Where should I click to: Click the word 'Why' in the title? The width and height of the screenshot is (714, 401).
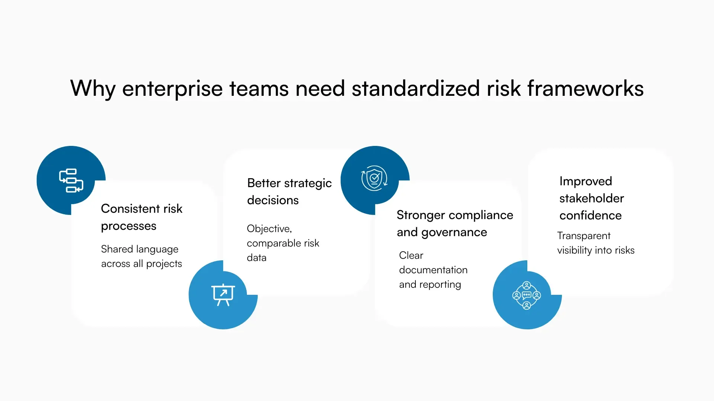coord(93,88)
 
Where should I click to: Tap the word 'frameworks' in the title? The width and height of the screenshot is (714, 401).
coord(585,88)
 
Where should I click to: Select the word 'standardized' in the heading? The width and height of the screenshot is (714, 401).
coord(415,88)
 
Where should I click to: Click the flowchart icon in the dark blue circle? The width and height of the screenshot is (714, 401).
coord(71,181)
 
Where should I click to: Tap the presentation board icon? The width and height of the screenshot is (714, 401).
coord(223,294)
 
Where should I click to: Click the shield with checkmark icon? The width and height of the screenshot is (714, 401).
coord(374,179)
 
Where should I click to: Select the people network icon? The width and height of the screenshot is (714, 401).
coord(527,295)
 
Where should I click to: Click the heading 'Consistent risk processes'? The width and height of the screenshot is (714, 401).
coord(141,217)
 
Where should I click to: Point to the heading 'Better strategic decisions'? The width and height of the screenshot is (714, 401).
coord(289,192)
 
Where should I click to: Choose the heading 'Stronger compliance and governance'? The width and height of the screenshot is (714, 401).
coord(454,224)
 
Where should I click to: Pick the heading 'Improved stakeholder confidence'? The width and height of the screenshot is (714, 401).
coord(591,198)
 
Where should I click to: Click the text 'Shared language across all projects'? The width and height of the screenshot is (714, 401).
coord(141,256)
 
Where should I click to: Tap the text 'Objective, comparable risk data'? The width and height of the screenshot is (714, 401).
coord(283,243)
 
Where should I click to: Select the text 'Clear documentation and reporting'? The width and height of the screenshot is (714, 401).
coord(433,270)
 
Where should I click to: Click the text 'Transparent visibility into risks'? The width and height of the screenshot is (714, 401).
coord(595,243)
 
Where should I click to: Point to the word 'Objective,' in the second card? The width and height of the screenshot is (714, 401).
coord(269,229)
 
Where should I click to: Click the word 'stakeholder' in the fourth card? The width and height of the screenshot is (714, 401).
coord(591,198)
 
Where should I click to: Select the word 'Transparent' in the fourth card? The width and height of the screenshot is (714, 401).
coord(583,236)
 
